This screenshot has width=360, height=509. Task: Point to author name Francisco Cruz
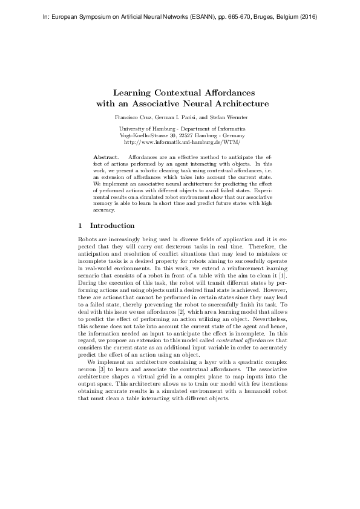click(132, 116)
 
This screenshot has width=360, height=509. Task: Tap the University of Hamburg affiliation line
click(182, 129)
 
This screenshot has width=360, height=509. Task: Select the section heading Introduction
click(112, 225)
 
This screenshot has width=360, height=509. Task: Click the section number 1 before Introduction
click(80, 225)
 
